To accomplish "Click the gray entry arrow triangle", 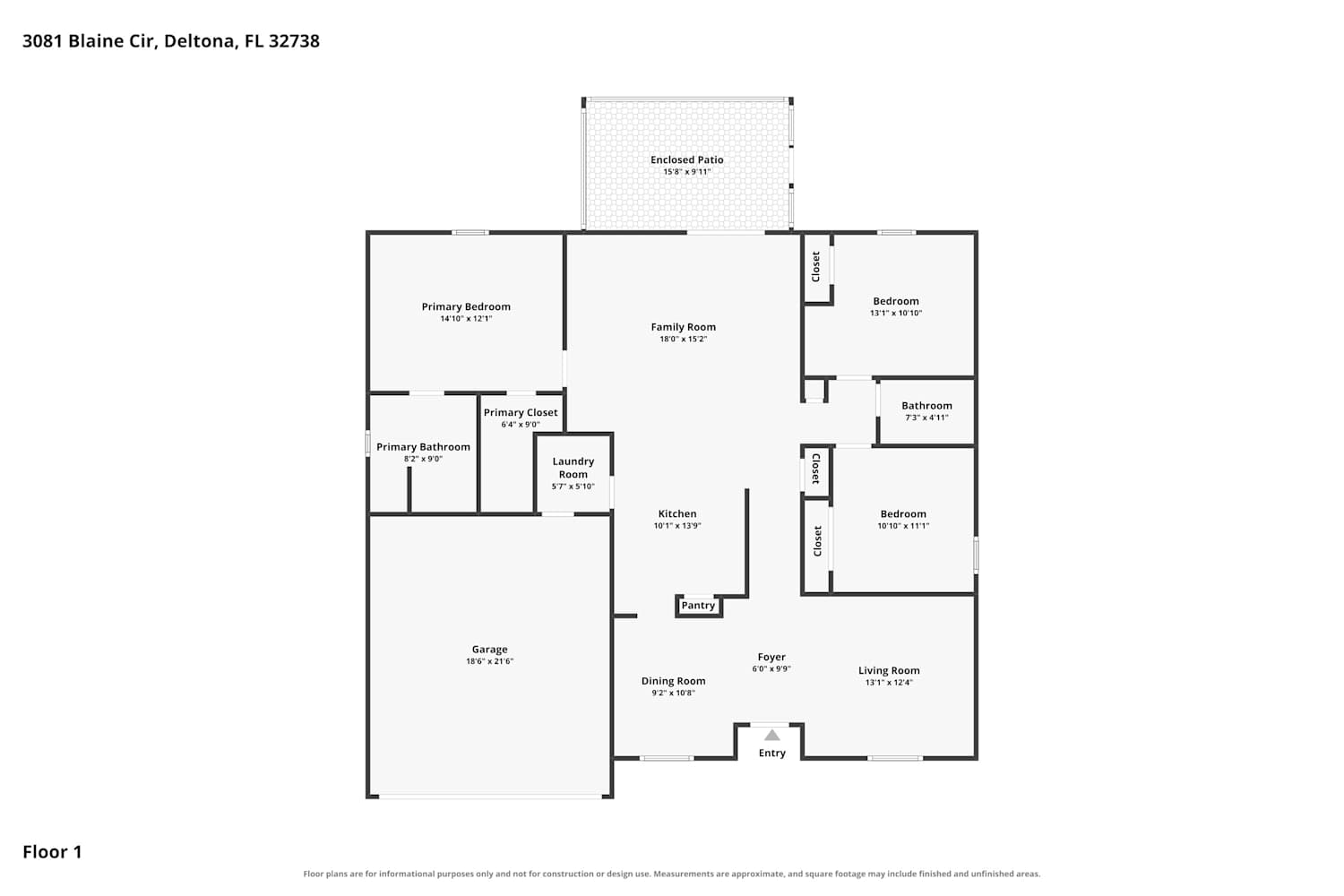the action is tap(771, 735).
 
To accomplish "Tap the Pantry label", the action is tap(698, 606).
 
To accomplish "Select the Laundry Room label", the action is tap(573, 468).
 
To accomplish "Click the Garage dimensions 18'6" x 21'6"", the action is tap(489, 661).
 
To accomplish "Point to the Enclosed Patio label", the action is tap(687, 159).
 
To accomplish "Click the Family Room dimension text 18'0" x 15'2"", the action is tap(684, 339).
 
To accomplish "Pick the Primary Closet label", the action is tap(521, 413).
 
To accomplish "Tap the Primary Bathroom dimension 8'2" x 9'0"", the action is tap(423, 459).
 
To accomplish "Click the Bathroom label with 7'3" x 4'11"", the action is tap(926, 406).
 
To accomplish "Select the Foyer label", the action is tap(771, 657).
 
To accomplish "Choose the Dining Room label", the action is tap(673, 681).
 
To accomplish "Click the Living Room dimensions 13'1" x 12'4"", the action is tap(889, 683).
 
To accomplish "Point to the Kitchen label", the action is tap(677, 513).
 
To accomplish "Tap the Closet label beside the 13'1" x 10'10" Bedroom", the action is tap(816, 266).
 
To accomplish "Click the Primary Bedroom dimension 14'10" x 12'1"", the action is tap(466, 319).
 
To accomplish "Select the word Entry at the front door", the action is tap(771, 754).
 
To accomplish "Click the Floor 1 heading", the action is tap(52, 852).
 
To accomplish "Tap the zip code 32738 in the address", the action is tap(294, 41).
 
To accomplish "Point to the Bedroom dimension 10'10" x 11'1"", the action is tap(903, 526).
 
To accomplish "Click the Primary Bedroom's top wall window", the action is tap(470, 233).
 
